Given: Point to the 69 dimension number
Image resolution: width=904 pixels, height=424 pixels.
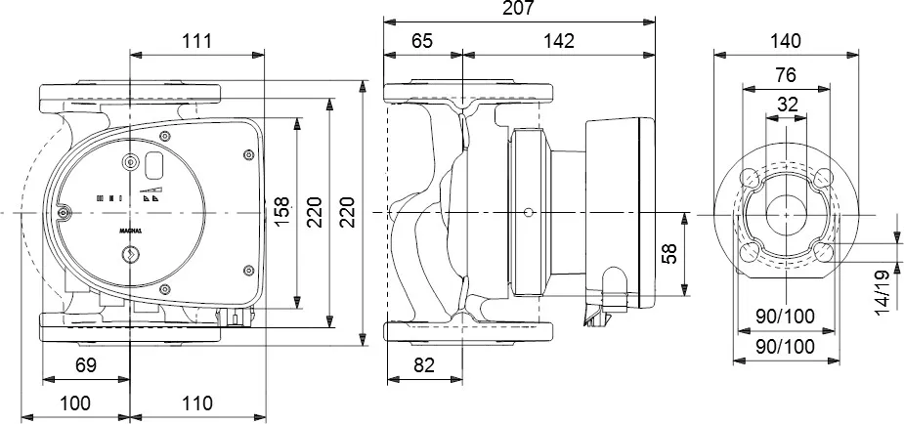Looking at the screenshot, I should [x=86, y=367].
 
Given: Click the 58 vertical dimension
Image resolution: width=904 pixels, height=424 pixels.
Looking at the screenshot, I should [x=668, y=254].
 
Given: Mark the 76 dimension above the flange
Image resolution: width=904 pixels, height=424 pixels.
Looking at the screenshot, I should [x=785, y=74].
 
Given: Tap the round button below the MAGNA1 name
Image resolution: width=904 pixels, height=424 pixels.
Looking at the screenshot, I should [x=131, y=255].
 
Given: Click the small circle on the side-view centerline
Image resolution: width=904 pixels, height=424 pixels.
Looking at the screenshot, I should [x=528, y=212].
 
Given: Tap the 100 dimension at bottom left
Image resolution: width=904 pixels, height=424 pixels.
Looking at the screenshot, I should [x=75, y=403].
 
